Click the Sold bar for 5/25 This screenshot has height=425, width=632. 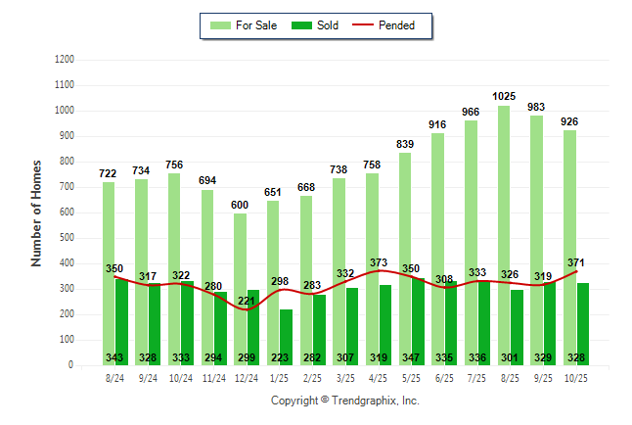coord(419,313)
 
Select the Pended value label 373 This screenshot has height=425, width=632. coord(379,263)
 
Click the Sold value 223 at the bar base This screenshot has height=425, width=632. coord(280,358)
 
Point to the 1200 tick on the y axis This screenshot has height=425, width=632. coord(65,60)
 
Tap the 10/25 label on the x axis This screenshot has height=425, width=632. coord(577,378)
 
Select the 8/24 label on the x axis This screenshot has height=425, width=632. coord(114,378)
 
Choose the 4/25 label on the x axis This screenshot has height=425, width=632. coord(379,378)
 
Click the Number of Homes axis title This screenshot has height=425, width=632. coord(36,212)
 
